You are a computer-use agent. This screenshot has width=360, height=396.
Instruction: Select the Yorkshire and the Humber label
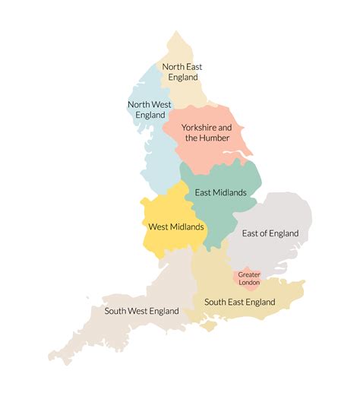point(207,132)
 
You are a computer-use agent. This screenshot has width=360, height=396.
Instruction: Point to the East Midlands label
point(220,192)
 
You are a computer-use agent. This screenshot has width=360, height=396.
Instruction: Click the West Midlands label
point(175,227)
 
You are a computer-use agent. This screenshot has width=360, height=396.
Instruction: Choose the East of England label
point(270,233)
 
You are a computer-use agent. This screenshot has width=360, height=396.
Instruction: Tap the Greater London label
point(248,278)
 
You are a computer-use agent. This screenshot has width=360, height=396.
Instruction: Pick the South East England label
point(239,302)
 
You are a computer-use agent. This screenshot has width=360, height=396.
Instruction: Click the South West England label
point(142,311)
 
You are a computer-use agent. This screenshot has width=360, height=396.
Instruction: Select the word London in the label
point(248,282)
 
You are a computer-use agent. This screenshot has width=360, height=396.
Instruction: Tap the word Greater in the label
point(248,274)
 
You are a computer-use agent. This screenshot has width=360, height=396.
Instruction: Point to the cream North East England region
point(190,95)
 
